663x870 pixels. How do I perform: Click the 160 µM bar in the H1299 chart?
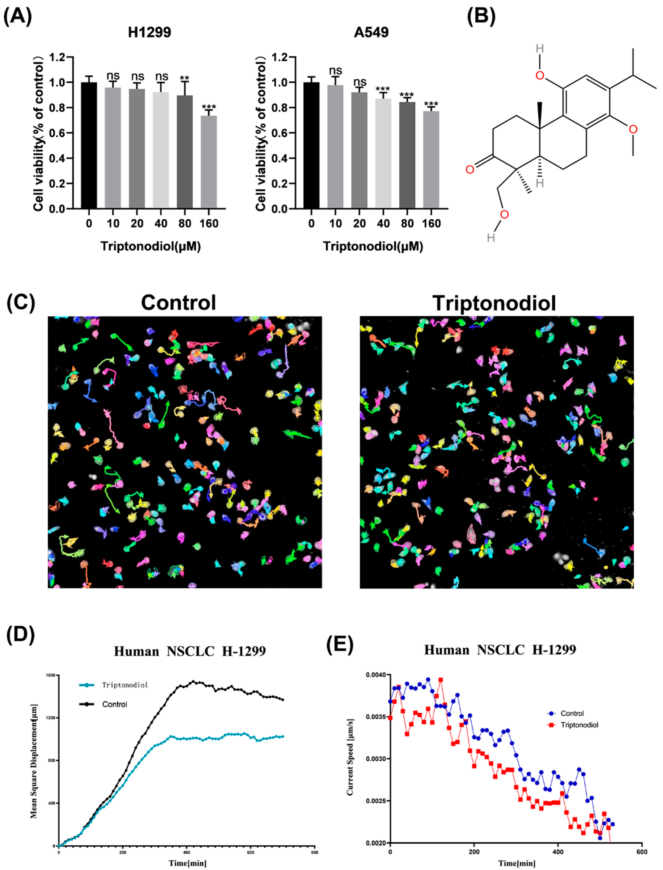pyautogui.click(x=209, y=162)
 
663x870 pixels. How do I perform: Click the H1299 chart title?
pyautogui.click(x=150, y=32)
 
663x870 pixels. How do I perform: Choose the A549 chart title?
pyautogui.click(x=371, y=32)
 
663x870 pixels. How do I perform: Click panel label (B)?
pyautogui.click(x=481, y=17)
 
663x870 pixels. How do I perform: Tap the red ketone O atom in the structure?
pyautogui.click(x=470, y=170)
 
